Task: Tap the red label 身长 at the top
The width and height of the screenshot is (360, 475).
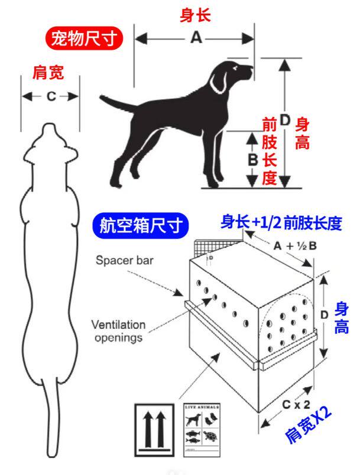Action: click(x=195, y=15)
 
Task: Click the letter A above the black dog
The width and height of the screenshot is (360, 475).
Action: click(x=196, y=38)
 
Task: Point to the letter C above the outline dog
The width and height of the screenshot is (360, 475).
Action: click(x=50, y=96)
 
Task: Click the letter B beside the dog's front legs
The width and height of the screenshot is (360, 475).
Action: click(x=252, y=160)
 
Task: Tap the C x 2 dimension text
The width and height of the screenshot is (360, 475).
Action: click(x=296, y=406)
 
